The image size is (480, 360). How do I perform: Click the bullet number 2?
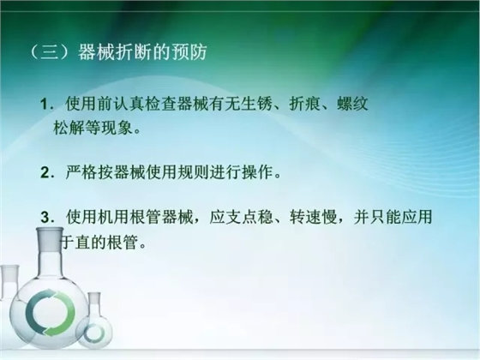45,172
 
